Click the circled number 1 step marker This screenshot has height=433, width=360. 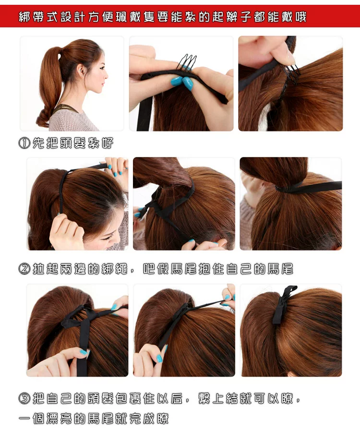click(x=24, y=143)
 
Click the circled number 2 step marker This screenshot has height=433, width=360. click(x=24, y=269)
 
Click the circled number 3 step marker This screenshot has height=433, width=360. click(x=24, y=398)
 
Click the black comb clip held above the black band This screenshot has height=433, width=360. click(x=186, y=62)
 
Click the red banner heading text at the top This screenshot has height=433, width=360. click(x=163, y=17)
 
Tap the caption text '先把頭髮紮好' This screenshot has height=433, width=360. click(x=73, y=143)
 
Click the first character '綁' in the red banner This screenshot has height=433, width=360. click(x=24, y=17)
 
